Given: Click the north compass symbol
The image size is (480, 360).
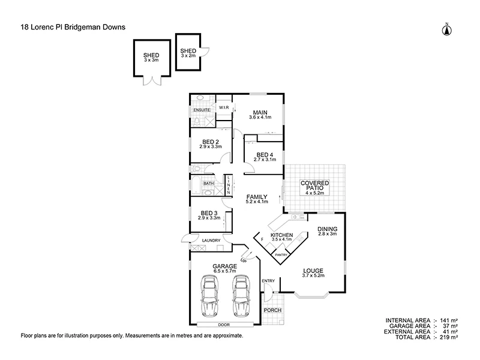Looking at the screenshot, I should [446, 29].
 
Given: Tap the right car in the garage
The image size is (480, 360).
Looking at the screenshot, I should [241, 297].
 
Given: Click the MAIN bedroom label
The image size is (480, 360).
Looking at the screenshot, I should [259, 112].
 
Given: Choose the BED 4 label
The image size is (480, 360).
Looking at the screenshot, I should [265, 154].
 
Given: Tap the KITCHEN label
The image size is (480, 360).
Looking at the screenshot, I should [281, 235].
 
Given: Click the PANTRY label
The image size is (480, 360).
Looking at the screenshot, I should [281, 254].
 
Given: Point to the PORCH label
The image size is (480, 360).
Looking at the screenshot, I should [273, 310].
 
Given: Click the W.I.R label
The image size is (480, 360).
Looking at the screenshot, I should [224, 107].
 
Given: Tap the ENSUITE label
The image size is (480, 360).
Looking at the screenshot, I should [201, 110].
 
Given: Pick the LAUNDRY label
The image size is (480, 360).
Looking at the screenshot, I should [211, 241].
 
